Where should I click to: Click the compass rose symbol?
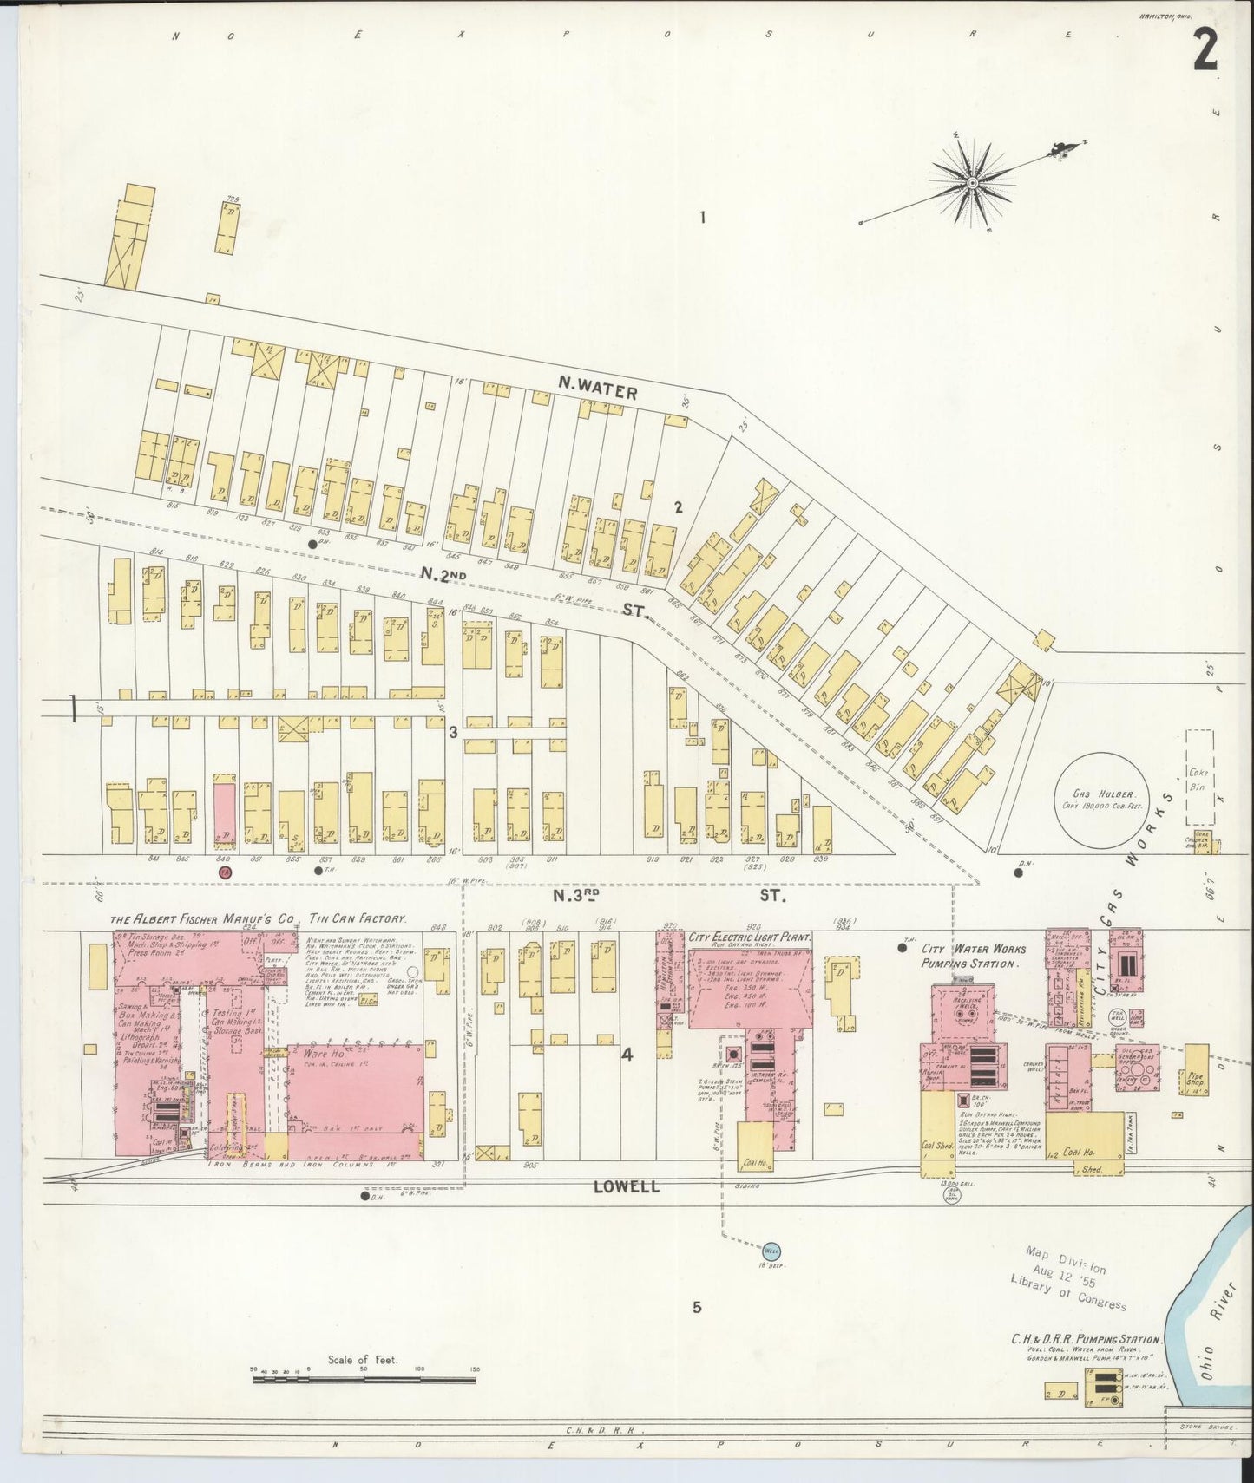pos(973,183)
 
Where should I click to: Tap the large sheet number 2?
pos(1204,54)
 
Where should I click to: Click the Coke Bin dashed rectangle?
pos(1199,777)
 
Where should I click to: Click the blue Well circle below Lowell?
pos(771,1250)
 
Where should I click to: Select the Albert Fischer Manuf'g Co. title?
pos(258,919)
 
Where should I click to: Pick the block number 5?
pos(696,1308)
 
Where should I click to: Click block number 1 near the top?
pos(703,217)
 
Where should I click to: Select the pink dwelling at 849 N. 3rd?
pos(225,813)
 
